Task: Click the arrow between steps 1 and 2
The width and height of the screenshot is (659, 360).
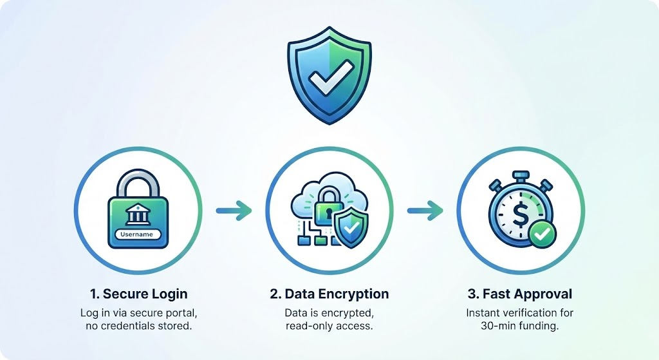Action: (234, 210)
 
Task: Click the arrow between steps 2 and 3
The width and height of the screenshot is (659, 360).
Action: (425, 210)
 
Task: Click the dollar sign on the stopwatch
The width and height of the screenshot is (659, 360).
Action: (519, 212)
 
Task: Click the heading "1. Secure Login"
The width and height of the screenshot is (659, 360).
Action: (139, 294)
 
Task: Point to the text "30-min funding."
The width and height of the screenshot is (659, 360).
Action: (521, 325)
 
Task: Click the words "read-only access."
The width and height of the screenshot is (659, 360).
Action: (329, 325)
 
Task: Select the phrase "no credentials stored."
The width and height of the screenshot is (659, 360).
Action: (138, 325)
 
